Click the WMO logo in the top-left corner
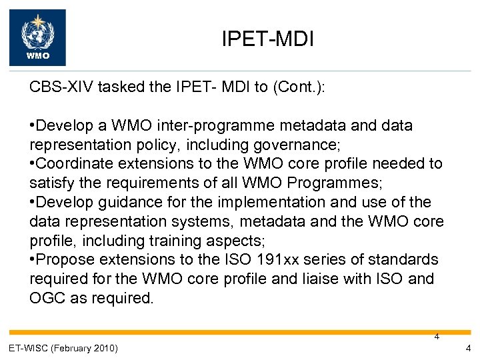coord(37,37)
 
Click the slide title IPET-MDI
coord(267,40)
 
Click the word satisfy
coord(48,183)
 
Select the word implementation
coord(255,202)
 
